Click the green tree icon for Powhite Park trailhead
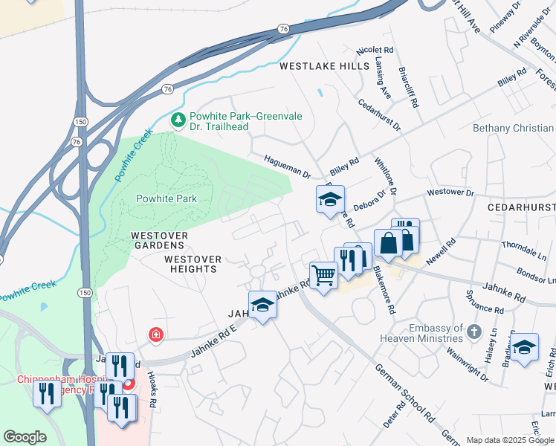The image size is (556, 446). click(178, 119)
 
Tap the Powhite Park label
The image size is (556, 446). click(167, 198)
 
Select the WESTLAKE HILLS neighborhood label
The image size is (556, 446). click(324, 66)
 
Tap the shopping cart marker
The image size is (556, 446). click(323, 276)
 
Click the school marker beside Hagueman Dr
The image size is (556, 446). click(330, 199)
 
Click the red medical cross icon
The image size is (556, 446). click(156, 334)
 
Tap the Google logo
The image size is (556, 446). click(25, 437)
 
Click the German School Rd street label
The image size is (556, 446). click(404, 392)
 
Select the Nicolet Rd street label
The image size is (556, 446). click(375, 51)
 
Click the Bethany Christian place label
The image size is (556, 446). click(514, 129)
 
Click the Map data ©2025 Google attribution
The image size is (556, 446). click(510, 440)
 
